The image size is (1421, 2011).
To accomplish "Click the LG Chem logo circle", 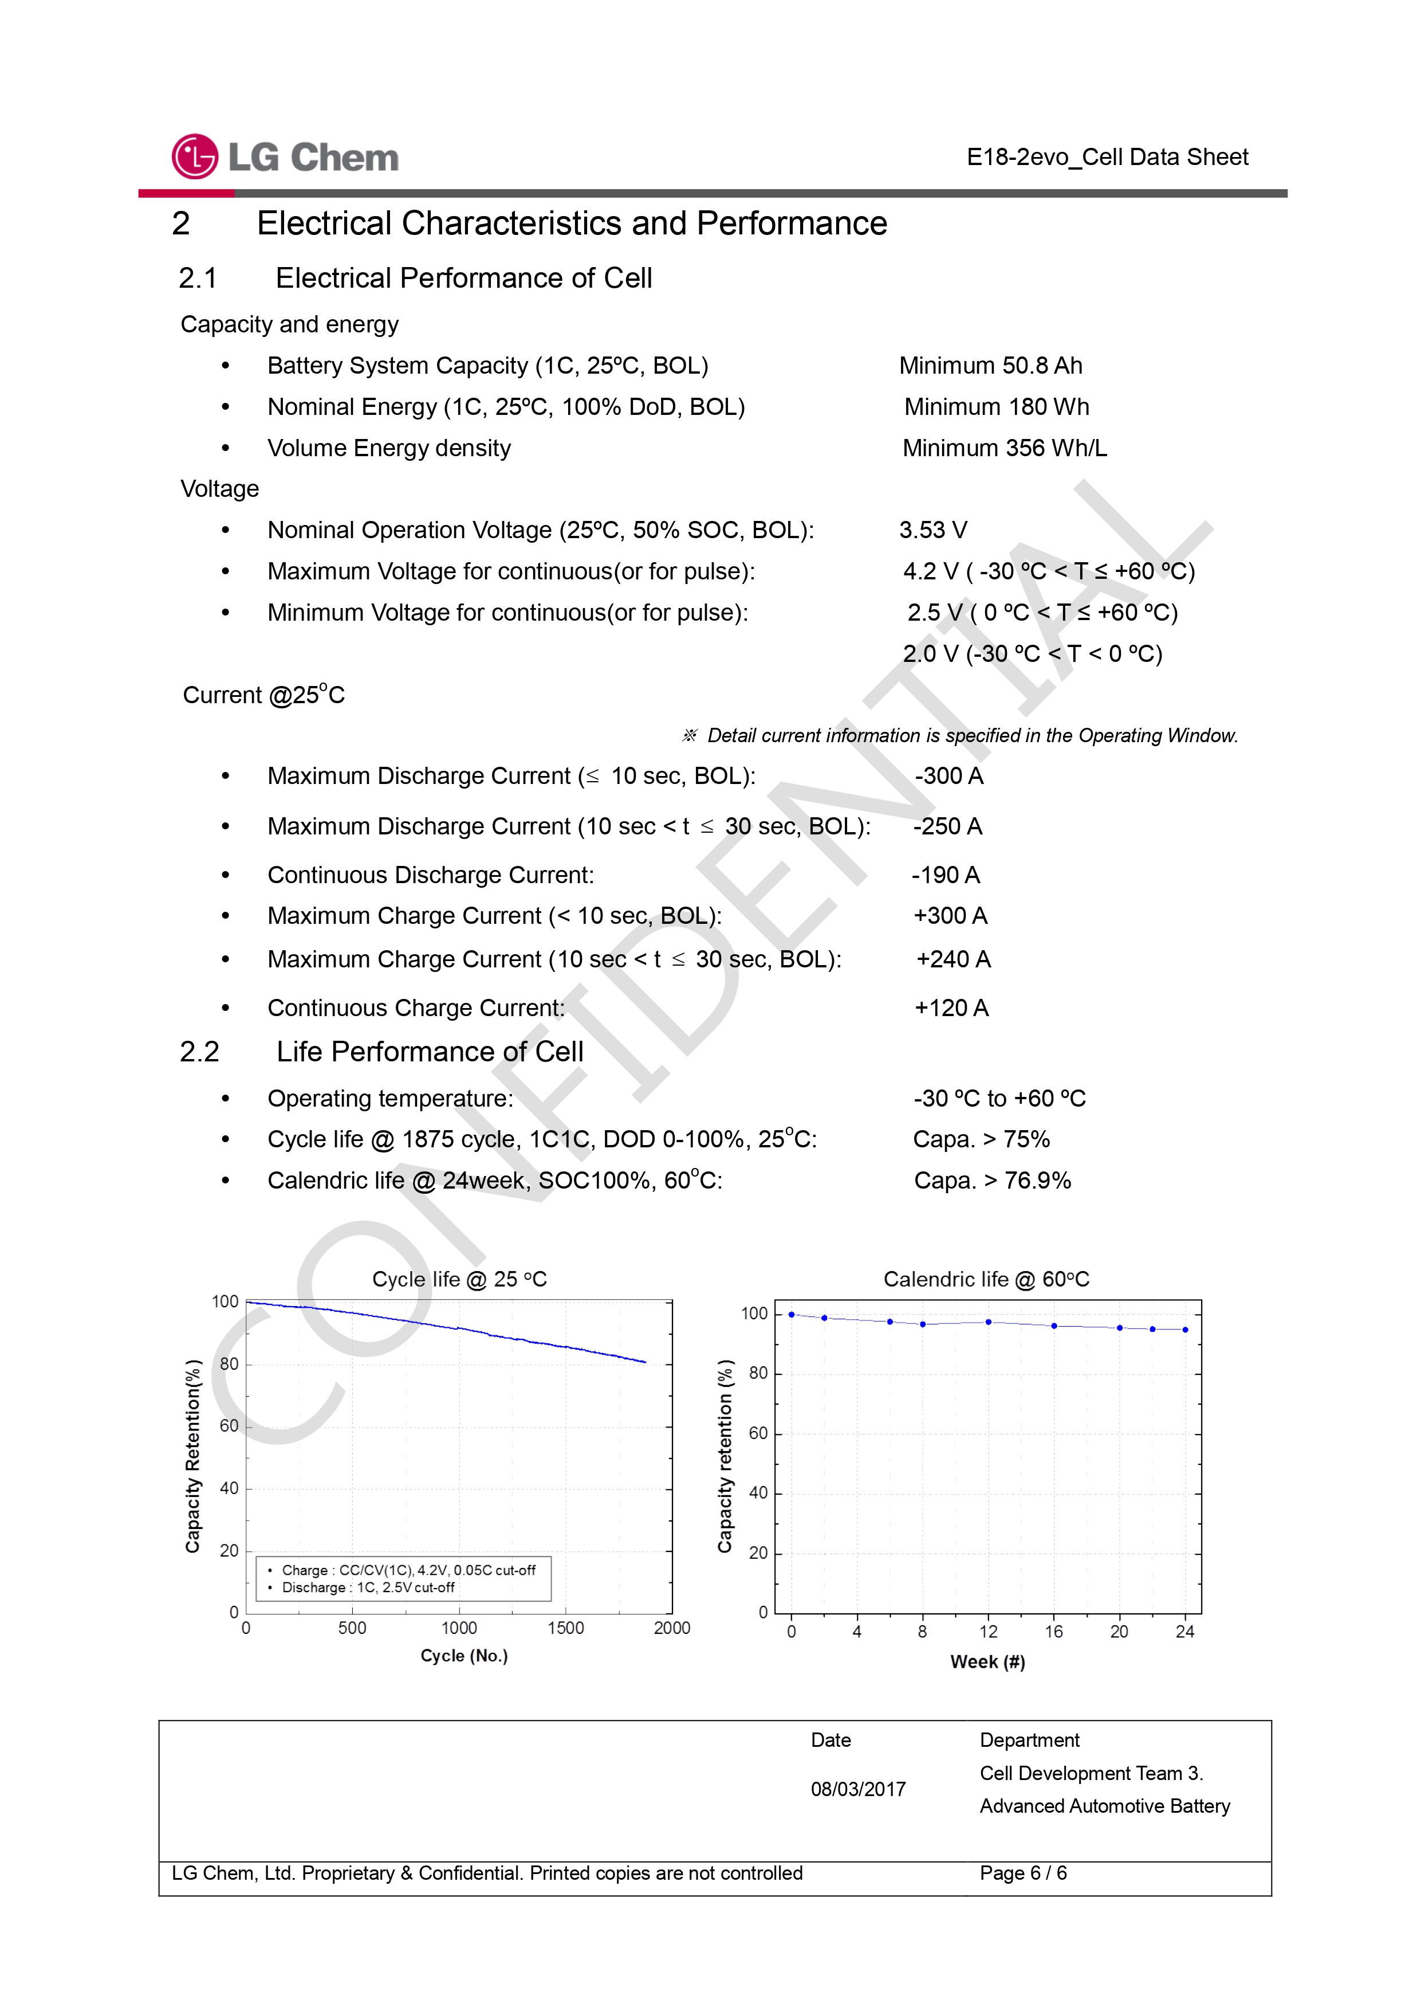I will pos(194,157).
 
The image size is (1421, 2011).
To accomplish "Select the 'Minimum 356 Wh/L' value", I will pos(1004,448).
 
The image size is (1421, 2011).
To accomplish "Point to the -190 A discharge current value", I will pos(946,875).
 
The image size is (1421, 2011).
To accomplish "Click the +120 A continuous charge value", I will pos(952,1008).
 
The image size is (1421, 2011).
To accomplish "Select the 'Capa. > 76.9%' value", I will pos(992,1181).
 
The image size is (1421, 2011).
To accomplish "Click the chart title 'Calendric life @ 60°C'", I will pos(986,1280).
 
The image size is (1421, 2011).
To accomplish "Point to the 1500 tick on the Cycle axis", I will pos(566,1628).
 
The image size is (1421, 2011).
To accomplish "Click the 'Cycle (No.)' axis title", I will pos(464,1656).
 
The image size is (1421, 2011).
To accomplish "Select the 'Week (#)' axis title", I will pos(987,1661).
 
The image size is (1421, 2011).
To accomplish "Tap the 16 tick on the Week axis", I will pos(1053,1632).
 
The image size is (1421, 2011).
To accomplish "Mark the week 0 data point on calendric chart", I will pos(792,1315).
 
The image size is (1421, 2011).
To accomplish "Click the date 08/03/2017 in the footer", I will pos(858,1789).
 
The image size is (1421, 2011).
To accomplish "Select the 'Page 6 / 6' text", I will pos(1022,1873).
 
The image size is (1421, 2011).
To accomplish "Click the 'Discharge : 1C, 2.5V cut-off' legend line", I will pos(368,1587).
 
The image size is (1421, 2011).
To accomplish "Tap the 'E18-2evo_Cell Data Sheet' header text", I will pos(1107,157).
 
